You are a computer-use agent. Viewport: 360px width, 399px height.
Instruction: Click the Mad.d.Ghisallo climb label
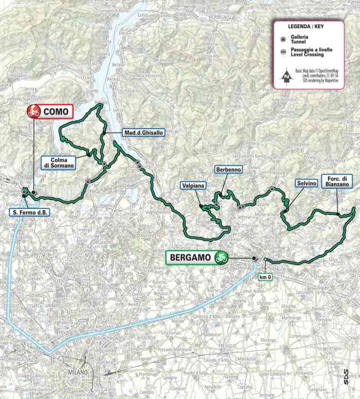tap(143, 133)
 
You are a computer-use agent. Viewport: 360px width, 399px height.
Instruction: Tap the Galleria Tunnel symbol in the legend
tap(284, 40)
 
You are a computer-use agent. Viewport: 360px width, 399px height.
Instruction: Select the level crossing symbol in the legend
tap(284, 53)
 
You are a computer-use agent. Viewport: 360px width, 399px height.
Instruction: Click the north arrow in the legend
tap(286, 76)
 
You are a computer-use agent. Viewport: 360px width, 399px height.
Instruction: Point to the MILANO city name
tap(73, 372)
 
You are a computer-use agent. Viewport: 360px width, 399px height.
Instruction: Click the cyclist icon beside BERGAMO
tap(222, 257)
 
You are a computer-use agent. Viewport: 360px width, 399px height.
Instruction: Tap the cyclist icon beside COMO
tap(34, 111)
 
